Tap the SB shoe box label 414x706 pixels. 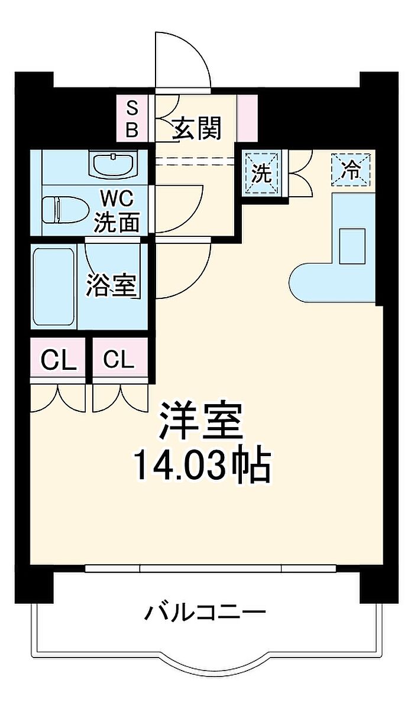point(132,119)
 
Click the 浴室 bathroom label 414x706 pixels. point(111,285)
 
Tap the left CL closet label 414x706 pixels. point(58,360)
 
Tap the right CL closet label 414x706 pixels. point(119,360)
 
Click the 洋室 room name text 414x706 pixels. point(200,422)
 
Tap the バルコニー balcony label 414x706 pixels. point(205,612)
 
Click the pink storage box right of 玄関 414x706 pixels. point(247,118)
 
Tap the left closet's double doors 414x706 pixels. point(58,397)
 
